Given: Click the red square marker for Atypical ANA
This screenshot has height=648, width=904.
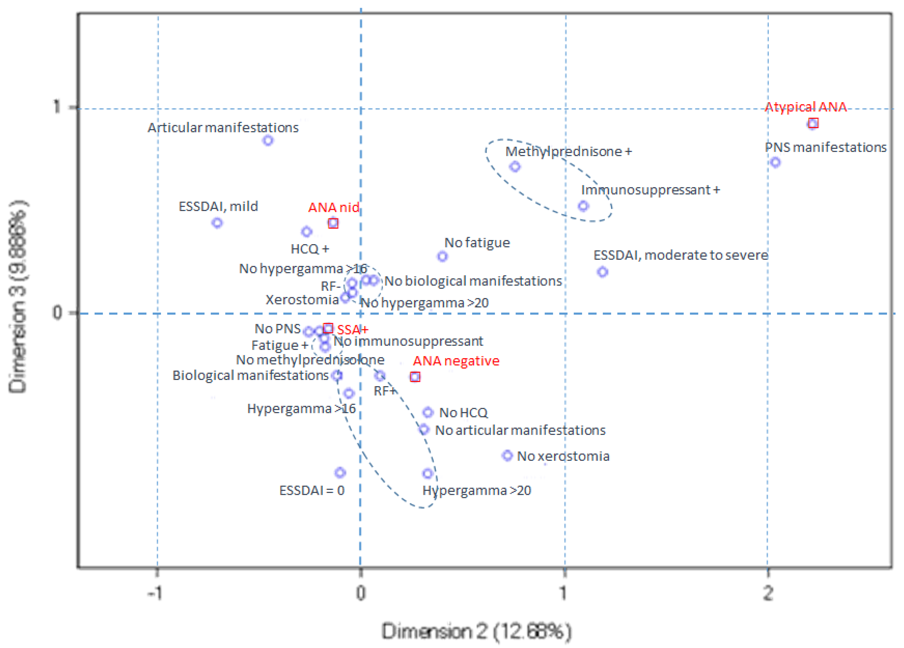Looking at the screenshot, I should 813,123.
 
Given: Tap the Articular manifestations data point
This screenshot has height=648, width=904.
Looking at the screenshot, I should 268,140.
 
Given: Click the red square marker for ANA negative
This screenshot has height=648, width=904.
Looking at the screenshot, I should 415,377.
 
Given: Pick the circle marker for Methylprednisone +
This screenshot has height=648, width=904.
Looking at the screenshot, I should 515,166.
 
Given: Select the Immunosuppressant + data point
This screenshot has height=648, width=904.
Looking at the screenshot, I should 583,206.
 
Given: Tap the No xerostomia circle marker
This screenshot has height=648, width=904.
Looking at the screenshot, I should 507,456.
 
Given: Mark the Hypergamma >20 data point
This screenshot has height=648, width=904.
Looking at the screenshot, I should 427,474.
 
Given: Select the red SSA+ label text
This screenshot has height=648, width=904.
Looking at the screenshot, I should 353,330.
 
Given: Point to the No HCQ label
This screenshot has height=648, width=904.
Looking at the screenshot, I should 463,413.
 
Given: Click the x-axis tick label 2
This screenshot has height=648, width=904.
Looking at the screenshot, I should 768,593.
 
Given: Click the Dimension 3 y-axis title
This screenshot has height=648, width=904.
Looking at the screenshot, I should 18,297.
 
